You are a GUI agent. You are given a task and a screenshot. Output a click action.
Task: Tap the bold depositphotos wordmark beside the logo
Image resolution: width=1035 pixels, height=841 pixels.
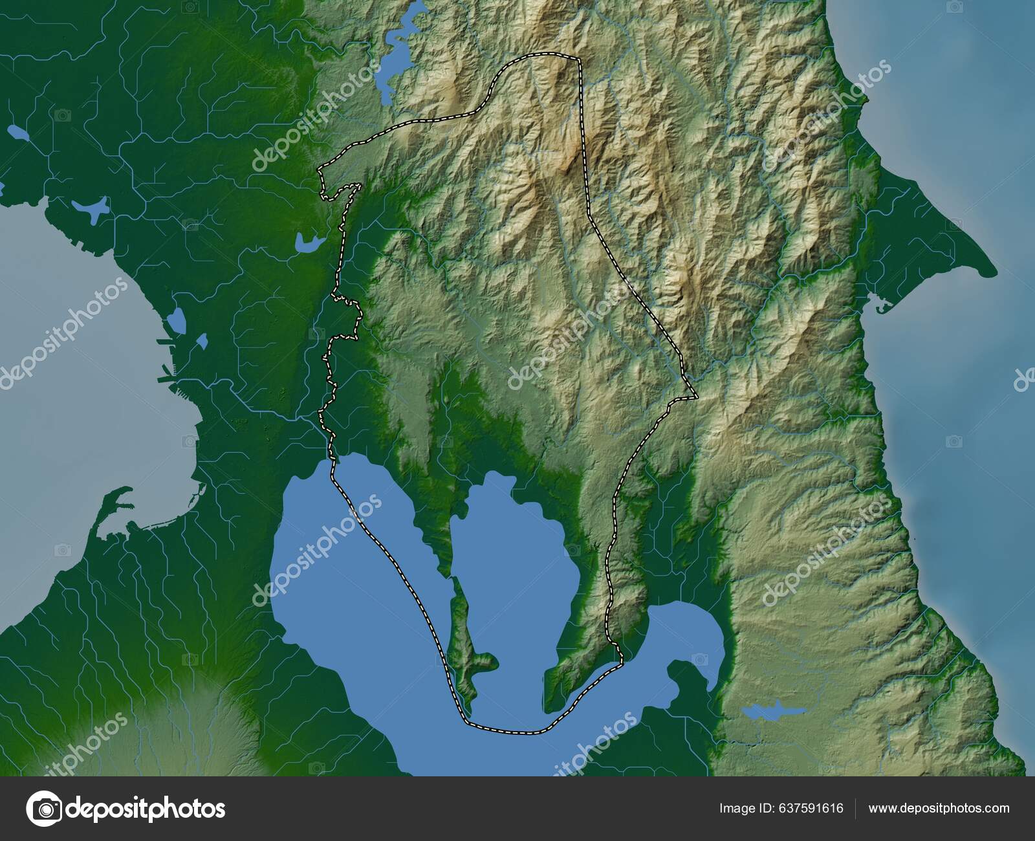[x=146, y=808]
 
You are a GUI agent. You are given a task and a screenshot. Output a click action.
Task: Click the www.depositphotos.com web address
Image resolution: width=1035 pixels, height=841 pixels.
[x=939, y=808]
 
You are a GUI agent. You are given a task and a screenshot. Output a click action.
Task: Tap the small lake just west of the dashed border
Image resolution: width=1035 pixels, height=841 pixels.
[x=308, y=243]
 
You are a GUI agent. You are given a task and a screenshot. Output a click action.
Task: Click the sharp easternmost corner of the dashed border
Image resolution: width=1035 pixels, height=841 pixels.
[x=696, y=395]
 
